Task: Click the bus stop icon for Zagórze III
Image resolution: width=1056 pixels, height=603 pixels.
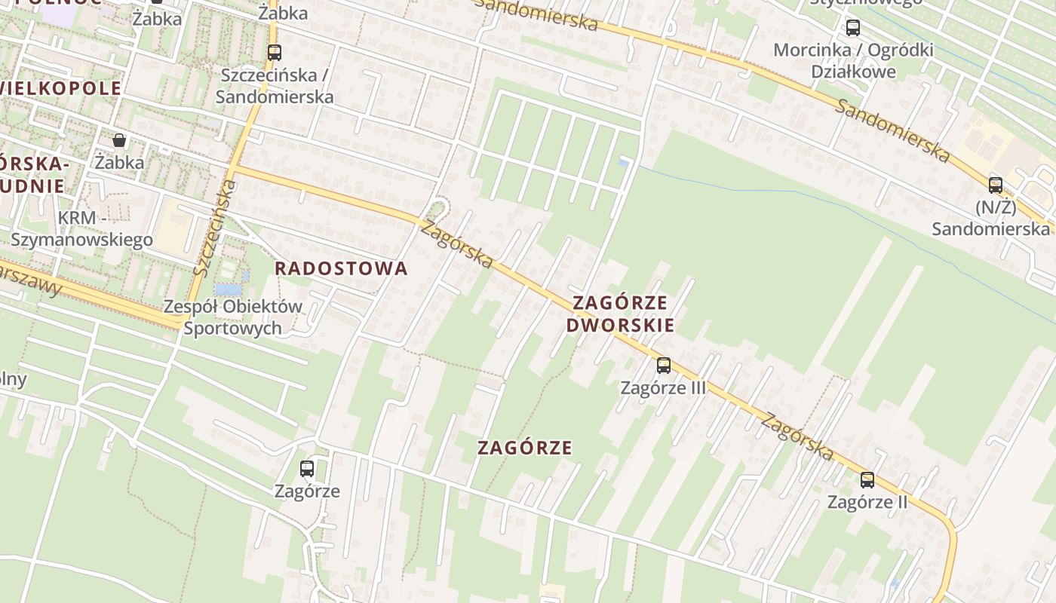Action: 663,366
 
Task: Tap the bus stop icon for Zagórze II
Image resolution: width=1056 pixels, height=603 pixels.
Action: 867,479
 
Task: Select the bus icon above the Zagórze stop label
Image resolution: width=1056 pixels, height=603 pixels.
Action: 307,468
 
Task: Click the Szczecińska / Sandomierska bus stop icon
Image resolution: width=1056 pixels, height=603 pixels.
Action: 275,53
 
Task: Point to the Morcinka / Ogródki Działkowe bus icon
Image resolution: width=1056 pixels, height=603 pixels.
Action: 852,28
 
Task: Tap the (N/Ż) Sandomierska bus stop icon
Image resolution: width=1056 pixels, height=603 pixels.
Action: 996,185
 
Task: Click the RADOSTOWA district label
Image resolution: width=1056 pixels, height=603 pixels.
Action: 341,268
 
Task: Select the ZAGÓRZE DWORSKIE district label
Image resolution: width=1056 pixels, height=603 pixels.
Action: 620,314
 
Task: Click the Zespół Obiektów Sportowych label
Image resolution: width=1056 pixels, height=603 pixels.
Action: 233,317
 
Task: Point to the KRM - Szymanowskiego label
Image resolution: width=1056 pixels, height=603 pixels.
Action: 81,229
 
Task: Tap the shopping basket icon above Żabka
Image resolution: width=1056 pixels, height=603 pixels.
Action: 119,140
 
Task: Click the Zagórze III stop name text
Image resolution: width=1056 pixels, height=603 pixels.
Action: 663,387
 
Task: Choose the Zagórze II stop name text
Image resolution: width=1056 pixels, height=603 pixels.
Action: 867,502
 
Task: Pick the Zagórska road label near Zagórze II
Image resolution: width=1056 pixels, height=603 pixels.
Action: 797,436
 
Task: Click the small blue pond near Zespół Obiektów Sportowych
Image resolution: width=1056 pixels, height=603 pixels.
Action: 229,289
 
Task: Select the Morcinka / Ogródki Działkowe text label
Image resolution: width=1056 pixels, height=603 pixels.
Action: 853,61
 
